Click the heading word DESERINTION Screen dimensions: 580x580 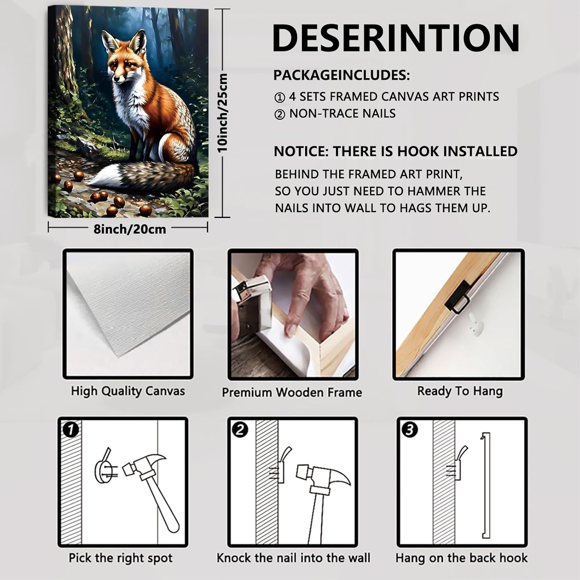[396, 38]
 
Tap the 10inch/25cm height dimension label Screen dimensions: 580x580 [223, 113]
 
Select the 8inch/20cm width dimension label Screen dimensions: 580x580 [130, 229]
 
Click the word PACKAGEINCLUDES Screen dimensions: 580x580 [341, 75]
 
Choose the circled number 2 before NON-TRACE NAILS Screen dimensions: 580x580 [279, 114]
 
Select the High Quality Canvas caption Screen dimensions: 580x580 [128, 391]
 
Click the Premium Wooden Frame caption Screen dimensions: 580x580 [292, 392]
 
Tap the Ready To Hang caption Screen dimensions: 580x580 [460, 391]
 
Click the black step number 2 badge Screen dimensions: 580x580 [241, 429]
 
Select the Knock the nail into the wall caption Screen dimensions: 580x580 [293, 558]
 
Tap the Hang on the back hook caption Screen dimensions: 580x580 [462, 558]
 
